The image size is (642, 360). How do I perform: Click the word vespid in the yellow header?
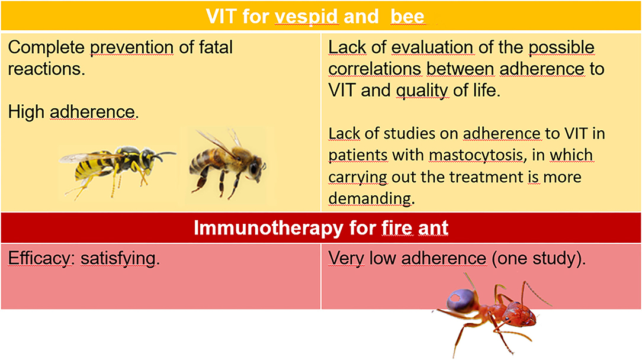point(306,17)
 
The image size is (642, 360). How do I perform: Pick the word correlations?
point(375,69)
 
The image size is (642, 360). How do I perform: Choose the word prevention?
point(131,48)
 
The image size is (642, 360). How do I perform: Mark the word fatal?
point(216,47)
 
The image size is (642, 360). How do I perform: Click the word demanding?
point(370,198)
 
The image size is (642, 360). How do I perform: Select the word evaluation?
point(432,47)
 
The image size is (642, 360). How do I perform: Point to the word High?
point(26,112)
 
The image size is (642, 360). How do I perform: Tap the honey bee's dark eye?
point(254,168)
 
